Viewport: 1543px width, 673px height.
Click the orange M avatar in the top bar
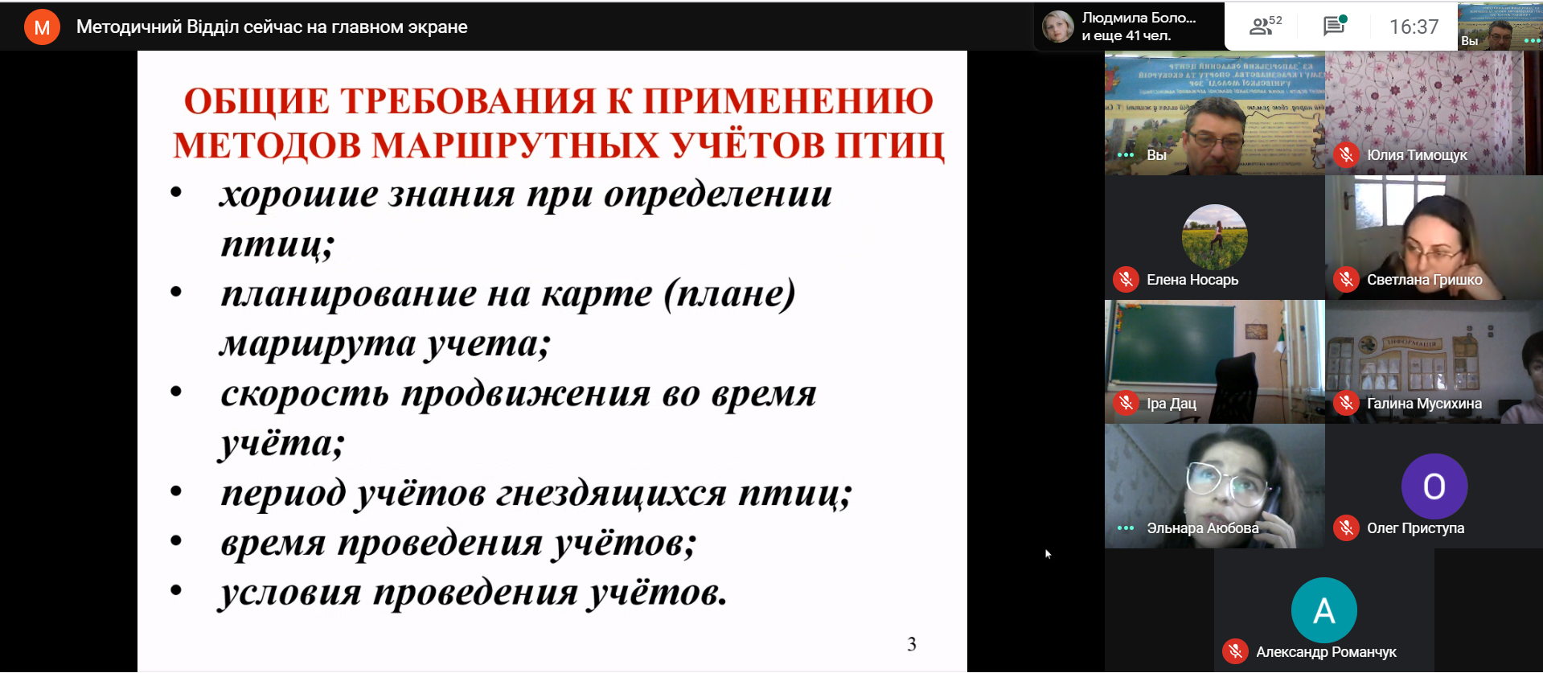(42, 27)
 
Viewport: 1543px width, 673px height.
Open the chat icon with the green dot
(1334, 26)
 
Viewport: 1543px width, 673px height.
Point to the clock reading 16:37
(1414, 27)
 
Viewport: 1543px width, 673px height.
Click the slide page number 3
(912, 644)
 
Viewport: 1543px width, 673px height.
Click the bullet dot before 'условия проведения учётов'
(176, 591)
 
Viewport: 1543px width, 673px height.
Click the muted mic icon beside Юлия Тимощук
(1347, 155)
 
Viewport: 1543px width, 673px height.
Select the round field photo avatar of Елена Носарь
(1214, 237)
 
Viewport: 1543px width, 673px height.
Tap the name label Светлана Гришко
(1424, 280)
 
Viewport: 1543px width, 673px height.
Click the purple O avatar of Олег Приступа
(1434, 486)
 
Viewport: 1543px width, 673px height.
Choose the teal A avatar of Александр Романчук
(1323, 610)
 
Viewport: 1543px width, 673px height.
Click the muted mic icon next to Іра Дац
(1126, 404)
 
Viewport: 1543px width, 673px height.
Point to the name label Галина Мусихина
(1424, 404)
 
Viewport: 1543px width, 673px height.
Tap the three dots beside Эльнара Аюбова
(1126, 528)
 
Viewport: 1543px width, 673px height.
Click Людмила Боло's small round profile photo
(1058, 27)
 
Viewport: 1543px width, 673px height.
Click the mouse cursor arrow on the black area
(1048, 553)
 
